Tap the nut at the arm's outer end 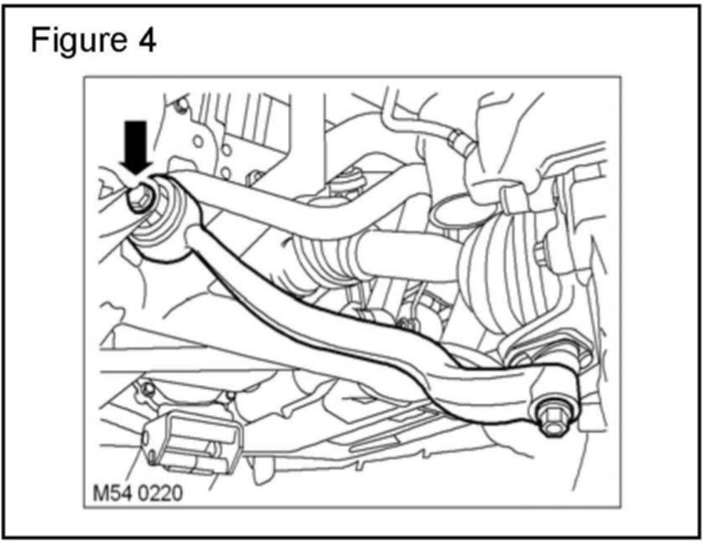tap(552, 415)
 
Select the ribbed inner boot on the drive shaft tap(317, 254)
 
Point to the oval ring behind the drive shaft tap(454, 209)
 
